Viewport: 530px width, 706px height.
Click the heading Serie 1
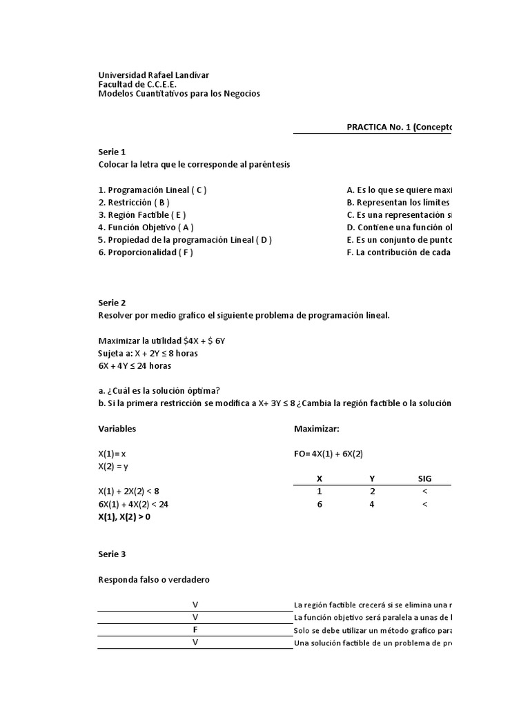pyautogui.click(x=112, y=152)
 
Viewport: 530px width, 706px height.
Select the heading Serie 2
pyautogui.click(x=112, y=303)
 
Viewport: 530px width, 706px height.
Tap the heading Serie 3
pyautogui.click(x=112, y=554)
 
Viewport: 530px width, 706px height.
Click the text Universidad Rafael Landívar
pyautogui.click(x=154, y=74)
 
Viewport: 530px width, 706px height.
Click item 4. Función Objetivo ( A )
pyautogui.click(x=146, y=227)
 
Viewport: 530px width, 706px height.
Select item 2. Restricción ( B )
pyautogui.click(x=134, y=202)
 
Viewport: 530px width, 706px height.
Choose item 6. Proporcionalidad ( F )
pyautogui.click(x=146, y=252)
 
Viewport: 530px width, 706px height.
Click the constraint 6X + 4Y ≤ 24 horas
pyautogui.click(x=135, y=366)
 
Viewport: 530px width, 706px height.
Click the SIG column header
pyautogui.click(x=424, y=478)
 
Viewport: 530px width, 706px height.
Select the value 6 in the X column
pyautogui.click(x=319, y=504)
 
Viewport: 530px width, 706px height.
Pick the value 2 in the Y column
pyautogui.click(x=373, y=491)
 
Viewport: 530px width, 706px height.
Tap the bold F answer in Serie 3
pyautogui.click(x=195, y=630)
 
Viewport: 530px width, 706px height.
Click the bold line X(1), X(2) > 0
pyautogui.click(x=124, y=516)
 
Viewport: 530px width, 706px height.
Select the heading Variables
pyautogui.click(x=117, y=428)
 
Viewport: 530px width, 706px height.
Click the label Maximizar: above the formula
pyautogui.click(x=317, y=428)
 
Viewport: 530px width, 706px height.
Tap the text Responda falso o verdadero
pyautogui.click(x=154, y=580)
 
